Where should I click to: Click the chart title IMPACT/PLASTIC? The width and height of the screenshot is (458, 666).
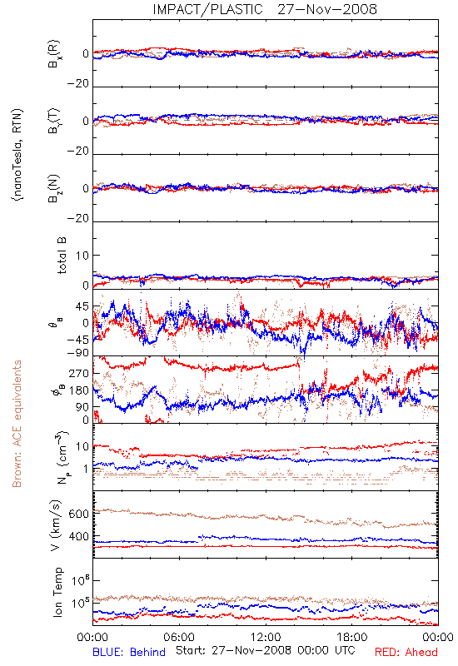207,9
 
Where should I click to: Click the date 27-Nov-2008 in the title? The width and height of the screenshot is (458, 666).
327,9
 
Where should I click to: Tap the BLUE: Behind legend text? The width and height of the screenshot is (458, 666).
129,652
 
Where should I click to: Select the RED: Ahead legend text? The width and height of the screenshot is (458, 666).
406,652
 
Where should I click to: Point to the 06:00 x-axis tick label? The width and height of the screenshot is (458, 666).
179,637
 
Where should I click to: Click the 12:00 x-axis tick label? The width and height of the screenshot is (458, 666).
266,637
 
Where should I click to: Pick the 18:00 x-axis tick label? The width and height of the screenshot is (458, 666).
352,637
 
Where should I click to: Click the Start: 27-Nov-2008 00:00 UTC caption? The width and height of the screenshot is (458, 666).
265,650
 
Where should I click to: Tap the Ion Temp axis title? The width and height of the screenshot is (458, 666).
58,592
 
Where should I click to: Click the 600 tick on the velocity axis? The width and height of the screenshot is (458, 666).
78,514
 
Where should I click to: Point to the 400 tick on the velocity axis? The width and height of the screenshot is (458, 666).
78,537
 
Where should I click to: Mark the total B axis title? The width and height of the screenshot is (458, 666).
62,256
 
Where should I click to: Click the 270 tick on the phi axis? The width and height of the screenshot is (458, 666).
79,374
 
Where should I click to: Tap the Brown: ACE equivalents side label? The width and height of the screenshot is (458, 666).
17,424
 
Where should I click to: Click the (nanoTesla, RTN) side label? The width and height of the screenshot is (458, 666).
17,155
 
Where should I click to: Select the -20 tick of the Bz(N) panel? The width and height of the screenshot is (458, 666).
78,218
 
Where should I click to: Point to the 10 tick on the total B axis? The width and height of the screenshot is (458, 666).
82,256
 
